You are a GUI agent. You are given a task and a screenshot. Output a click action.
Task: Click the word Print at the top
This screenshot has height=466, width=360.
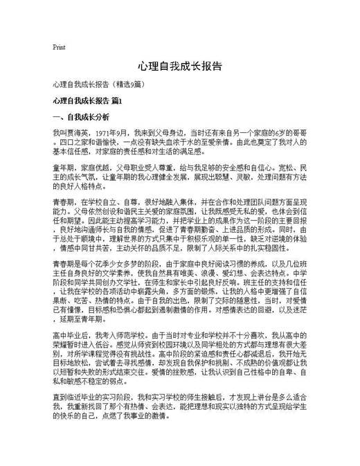(x=59, y=47)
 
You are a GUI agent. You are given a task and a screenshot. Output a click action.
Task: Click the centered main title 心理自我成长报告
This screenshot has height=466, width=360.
(x=179, y=66)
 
